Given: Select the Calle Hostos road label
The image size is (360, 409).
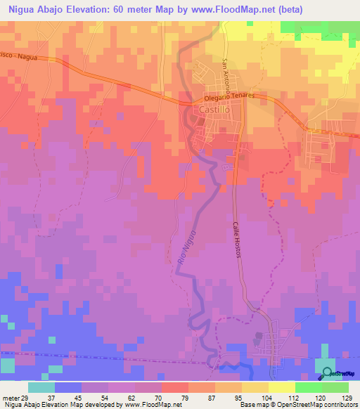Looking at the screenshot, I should (x=236, y=240).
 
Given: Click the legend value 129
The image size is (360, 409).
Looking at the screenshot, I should (x=345, y=397).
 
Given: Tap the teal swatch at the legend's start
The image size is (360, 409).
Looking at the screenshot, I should (x=41, y=387).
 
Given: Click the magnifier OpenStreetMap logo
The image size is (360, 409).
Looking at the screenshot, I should (x=327, y=372).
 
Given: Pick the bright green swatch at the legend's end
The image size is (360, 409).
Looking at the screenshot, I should (x=335, y=387).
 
